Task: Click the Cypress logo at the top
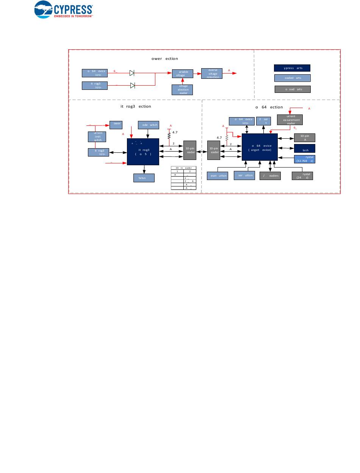[x=64, y=9]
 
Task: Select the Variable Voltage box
[x=183, y=74]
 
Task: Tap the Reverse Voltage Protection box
[x=211, y=74]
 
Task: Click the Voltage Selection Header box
[x=183, y=89]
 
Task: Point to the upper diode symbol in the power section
[x=132, y=73]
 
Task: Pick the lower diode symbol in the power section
[x=133, y=85]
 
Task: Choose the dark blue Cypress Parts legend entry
[x=292, y=68]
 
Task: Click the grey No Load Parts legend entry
[x=292, y=89]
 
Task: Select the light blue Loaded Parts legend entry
[x=292, y=78]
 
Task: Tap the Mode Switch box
[x=148, y=125]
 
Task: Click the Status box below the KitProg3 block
[x=144, y=178]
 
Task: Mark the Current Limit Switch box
[x=97, y=136]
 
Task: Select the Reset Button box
[x=218, y=176]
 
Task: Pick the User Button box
[x=244, y=175]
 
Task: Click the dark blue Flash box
[x=305, y=148]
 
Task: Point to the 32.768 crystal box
[x=305, y=159]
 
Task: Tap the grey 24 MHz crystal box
[x=302, y=176]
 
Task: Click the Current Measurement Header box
[x=290, y=120]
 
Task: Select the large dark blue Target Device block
[x=260, y=147]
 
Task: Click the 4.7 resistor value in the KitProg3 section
[x=175, y=132]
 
